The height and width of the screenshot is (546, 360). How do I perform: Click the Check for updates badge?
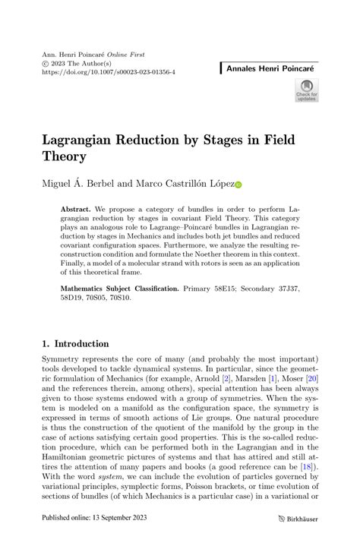[x=307, y=89]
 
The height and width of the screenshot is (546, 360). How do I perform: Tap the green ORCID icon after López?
[x=238, y=185]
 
